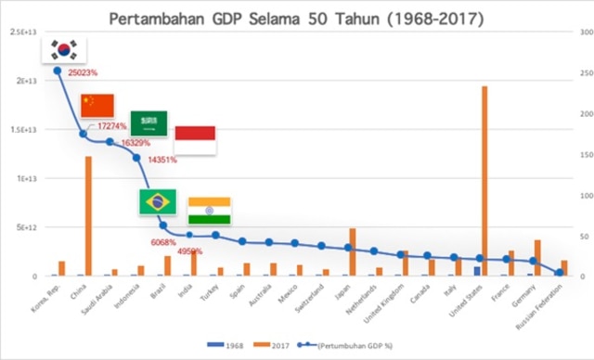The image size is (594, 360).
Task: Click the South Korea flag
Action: tap(66, 49)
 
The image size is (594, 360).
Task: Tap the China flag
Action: tap(97, 106)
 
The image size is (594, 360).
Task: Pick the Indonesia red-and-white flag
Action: tap(195, 139)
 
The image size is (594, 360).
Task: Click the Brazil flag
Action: tap(157, 202)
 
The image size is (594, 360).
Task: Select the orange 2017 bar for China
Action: tap(88, 216)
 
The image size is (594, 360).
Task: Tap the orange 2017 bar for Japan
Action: tap(353, 251)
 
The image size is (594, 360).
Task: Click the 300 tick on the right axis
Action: tap(577, 32)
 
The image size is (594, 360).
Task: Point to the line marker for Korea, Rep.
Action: tap(58, 71)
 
